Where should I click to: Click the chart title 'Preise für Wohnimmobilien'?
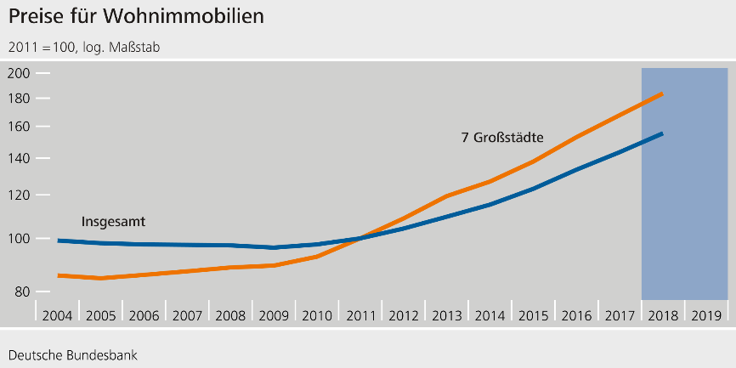[125, 16]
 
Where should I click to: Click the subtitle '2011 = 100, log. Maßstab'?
[84, 48]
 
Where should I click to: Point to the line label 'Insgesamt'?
[113, 222]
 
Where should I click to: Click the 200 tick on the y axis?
[19, 74]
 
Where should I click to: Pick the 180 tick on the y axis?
[19, 99]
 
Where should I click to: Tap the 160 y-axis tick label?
[19, 127]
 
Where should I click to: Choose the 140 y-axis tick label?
[19, 158]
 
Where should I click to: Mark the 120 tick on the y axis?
[19, 195]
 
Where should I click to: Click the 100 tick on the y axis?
[19, 239]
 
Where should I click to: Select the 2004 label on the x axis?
[57, 315]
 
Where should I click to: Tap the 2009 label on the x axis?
[274, 315]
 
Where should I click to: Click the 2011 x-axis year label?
[360, 315]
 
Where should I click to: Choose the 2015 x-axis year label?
[533, 315]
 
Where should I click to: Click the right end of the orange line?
[663, 93]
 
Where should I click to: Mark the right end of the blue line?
[663, 133]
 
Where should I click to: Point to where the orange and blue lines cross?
[360, 239]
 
